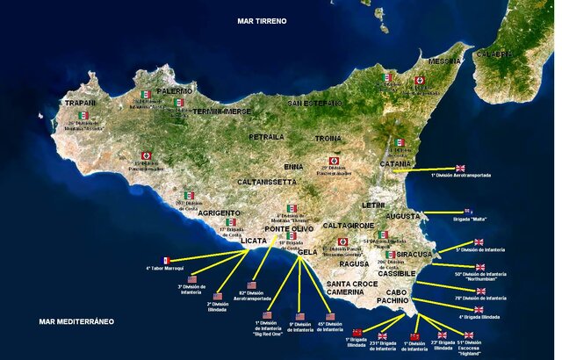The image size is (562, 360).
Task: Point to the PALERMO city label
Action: tap(174, 90)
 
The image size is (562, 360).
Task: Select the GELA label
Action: tap(307, 252)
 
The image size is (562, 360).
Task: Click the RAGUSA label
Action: tap(354, 263)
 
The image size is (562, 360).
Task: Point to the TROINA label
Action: tap(328, 139)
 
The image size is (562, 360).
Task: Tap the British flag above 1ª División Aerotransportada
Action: tap(460, 168)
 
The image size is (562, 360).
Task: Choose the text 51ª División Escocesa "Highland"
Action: tap(470, 349)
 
